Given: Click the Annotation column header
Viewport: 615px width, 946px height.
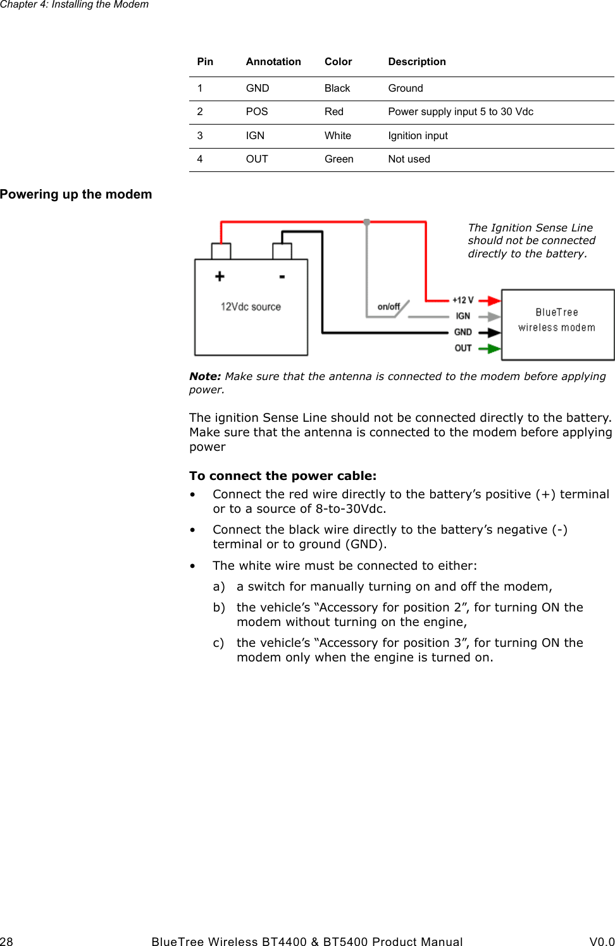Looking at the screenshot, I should coord(273,62).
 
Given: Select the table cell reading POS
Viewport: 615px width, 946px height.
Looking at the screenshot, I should coord(257,112).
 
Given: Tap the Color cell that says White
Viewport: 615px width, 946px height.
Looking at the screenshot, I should coord(338,136).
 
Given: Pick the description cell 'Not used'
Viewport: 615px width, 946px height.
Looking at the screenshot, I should coord(409,159).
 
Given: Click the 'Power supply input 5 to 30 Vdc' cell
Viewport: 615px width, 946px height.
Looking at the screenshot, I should coord(461,112).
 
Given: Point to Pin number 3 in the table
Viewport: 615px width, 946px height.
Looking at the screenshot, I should coord(200,136).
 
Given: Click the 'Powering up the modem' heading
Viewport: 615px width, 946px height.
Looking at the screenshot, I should coord(76,195).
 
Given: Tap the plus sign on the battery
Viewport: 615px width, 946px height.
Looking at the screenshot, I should coord(220,276).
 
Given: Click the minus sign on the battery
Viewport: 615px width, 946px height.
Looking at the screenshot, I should coord(282,276).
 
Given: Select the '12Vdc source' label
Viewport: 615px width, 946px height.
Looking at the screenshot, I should coord(251,307).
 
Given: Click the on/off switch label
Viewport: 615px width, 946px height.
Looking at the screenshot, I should coord(388,307).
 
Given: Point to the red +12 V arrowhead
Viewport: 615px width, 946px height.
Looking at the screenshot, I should coord(494,300).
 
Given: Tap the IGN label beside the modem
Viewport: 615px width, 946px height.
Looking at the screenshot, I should coord(463,316).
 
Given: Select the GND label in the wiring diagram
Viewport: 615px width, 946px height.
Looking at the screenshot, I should coord(463,332).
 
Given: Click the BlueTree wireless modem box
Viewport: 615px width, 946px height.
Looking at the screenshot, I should coord(557,324).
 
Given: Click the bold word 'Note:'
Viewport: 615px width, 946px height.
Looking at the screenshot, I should coord(205,376).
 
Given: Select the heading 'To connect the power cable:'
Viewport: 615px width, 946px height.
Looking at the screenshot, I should coord(283,476).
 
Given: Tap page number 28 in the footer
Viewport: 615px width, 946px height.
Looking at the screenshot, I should coord(6,942).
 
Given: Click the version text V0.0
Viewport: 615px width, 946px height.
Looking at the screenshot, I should coord(602,942).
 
